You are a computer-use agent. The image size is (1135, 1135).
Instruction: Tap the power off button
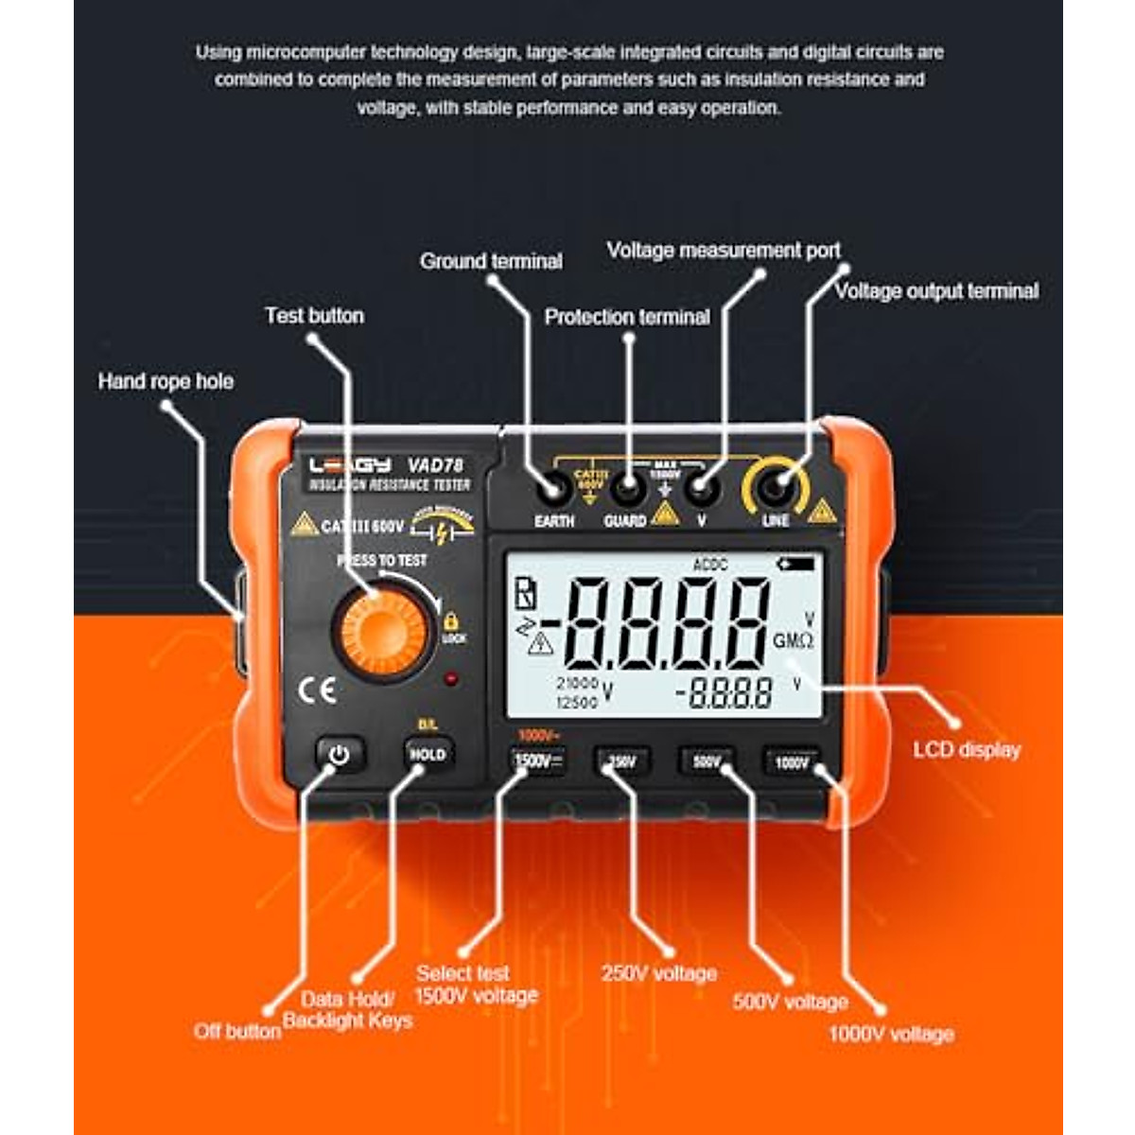pos(339,755)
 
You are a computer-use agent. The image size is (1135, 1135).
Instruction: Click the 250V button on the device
pos(622,760)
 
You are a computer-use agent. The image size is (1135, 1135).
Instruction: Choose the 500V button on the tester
pos(707,760)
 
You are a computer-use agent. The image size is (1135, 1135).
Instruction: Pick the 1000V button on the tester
pos(792,761)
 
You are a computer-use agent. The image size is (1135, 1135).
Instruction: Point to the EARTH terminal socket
pos(551,489)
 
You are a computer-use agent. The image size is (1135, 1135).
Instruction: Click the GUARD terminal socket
pos(625,489)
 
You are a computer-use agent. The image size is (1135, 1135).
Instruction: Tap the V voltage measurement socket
pos(701,489)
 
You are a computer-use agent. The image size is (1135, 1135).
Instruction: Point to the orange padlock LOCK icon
pos(451,621)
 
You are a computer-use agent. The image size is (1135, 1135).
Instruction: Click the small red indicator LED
pos(451,678)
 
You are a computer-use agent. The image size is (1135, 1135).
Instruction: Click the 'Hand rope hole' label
pos(166,381)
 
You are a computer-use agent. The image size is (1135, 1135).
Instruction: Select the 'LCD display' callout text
pos(967,750)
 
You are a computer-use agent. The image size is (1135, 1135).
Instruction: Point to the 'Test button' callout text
pos(314,316)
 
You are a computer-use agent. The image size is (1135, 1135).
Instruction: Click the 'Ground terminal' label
pos(491,261)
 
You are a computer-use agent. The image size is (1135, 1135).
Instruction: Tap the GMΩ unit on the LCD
pos(793,641)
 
